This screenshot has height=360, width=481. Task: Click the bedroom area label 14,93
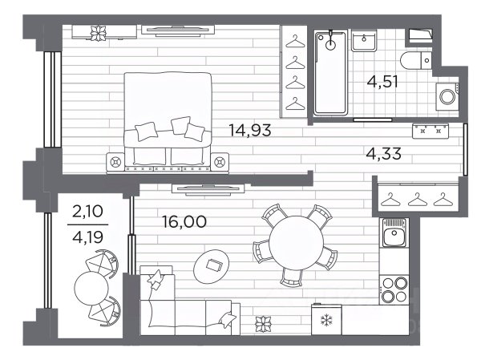coord(250,130)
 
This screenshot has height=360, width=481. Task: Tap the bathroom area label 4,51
coord(382,82)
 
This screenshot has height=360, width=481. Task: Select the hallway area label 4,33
coord(384,153)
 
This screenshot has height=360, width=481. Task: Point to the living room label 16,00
coord(184,221)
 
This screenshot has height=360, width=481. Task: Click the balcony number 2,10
coord(87,212)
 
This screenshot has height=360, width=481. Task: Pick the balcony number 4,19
coord(87,237)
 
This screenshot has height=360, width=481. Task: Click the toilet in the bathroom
coord(416,60)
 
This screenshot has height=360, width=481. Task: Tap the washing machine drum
coord(447,97)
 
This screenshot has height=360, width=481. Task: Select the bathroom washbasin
coord(364,42)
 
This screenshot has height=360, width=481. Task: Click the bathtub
coord(330,72)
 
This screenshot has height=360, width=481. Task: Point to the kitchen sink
coord(394,233)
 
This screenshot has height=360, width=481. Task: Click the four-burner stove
coord(394,289)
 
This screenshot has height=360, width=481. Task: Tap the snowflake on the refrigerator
coord(325,321)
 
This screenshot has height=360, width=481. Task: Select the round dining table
coord(296,243)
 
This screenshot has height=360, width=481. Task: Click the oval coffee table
coord(212,265)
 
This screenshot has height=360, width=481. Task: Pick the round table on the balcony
coord(91,288)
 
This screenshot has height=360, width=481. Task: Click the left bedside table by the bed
coord(115,161)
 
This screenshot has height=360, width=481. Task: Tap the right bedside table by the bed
coord(220,161)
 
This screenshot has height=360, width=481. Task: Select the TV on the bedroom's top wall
coord(178,30)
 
